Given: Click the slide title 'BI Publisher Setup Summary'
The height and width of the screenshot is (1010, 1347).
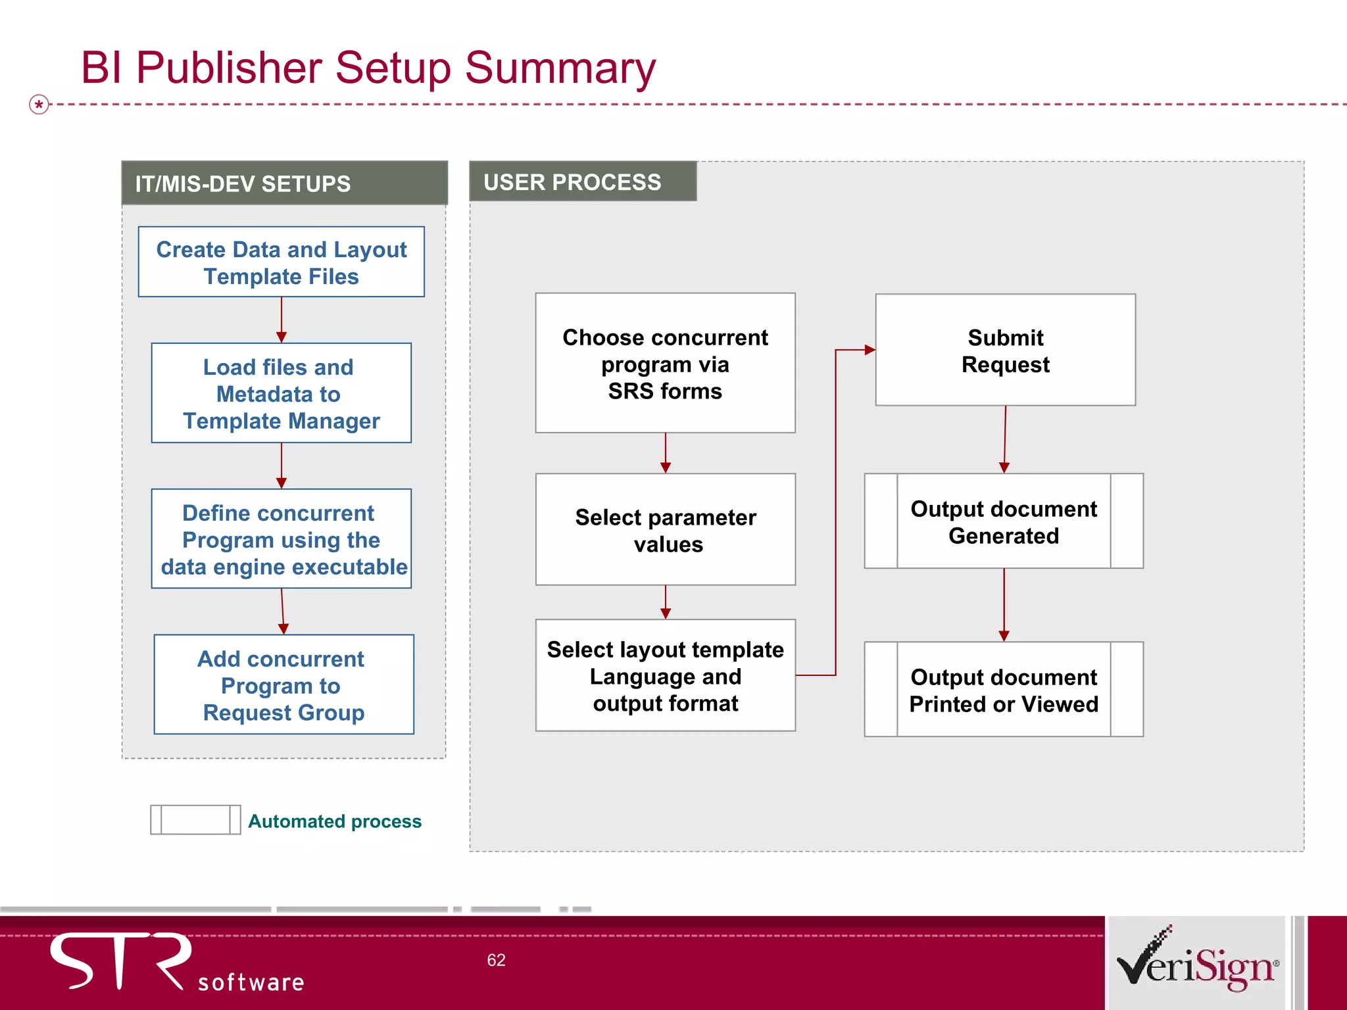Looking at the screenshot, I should point(368,68).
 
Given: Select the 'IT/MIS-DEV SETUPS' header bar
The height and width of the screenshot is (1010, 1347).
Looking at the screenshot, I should point(284,183).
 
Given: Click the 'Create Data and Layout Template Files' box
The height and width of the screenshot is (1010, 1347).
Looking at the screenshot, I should point(282,262).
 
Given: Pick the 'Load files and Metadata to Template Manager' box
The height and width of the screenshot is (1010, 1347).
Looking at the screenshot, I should point(282,393).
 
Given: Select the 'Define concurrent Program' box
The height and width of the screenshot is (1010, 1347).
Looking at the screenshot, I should point(282,539).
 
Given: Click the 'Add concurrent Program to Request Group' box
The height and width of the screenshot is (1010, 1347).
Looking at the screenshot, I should point(283,685).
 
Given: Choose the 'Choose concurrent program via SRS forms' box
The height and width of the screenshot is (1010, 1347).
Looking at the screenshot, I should point(665,364).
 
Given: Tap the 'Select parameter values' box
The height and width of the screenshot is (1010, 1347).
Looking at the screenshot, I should point(665,530).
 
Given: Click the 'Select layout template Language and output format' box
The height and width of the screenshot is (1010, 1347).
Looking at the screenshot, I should point(665,676).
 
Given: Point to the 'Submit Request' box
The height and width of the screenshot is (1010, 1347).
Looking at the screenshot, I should point(1005,350).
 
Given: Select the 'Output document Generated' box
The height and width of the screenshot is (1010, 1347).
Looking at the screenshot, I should point(1004,521).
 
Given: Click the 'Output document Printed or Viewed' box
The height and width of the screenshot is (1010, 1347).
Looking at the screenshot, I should point(1004,690).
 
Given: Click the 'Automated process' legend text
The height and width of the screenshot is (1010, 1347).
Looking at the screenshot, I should point(335,821).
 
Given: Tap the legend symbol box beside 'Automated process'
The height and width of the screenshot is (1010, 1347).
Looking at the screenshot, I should point(195,820).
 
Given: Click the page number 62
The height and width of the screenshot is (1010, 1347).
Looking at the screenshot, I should point(496,960).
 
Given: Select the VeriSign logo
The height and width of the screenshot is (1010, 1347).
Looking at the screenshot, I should point(1197,962).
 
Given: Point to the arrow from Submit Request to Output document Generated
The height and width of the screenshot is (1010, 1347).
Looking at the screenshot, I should point(1005,439).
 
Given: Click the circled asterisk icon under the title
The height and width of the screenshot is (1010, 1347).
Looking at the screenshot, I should point(39,104).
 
